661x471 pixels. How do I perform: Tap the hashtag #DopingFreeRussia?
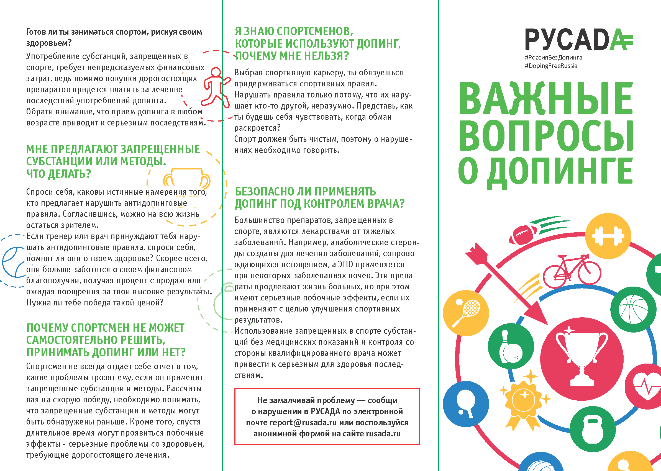[x=551, y=66]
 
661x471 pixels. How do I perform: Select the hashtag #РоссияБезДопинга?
[x=553, y=57]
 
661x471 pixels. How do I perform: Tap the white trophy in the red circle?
[x=582, y=359]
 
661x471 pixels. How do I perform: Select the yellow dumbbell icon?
[x=608, y=236]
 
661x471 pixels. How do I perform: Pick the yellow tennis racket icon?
[x=466, y=313]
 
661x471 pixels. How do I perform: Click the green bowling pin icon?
[x=511, y=346]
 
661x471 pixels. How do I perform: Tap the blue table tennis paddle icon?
[x=466, y=404]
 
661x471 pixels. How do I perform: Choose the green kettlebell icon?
[x=593, y=429]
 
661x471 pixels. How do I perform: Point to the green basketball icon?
[x=633, y=310]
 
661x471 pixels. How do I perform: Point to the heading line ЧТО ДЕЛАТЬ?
[x=59, y=174]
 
